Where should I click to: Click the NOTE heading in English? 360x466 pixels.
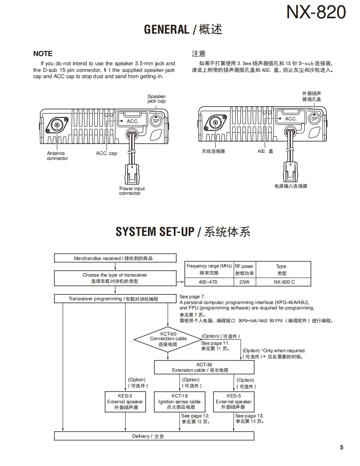43,54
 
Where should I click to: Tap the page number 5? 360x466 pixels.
342,447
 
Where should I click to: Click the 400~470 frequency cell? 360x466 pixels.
208,282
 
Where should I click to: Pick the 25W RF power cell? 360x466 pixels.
244,282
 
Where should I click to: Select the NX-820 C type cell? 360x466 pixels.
283,282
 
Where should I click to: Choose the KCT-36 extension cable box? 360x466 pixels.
204,367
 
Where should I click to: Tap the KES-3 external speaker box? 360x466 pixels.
125,402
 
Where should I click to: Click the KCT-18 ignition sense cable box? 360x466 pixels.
180,402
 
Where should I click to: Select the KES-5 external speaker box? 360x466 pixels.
234,402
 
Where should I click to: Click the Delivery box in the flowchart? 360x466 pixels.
154,436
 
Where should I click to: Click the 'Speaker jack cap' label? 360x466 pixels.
156,99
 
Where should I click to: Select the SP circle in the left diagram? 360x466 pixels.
156,121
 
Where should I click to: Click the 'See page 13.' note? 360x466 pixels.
249,416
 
